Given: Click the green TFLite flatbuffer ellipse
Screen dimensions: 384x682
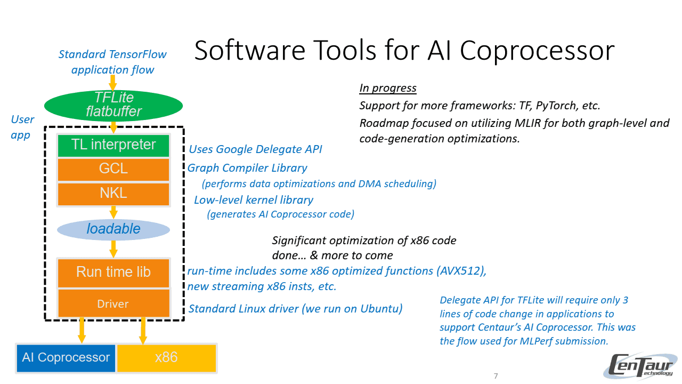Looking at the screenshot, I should pyautogui.click(x=113, y=105).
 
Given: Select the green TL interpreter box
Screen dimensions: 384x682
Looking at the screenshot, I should pyautogui.click(x=113, y=145).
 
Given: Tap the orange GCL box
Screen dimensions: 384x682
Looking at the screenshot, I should pyautogui.click(x=113, y=169).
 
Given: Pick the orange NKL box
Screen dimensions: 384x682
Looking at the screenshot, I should pyautogui.click(x=113, y=194).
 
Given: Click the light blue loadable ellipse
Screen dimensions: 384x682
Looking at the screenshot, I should pyautogui.click(x=113, y=229).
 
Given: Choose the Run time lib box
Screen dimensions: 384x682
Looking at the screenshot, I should pyautogui.click(x=113, y=272).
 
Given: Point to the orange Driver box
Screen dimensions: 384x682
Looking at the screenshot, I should pyautogui.click(x=113, y=304).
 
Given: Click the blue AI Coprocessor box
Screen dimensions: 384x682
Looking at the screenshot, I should pyautogui.click(x=66, y=358).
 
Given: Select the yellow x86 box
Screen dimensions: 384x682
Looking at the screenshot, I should pyautogui.click(x=166, y=358).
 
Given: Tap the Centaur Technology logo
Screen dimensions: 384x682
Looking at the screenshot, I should pyautogui.click(x=642, y=366).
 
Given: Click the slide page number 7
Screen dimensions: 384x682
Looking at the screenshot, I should pyautogui.click(x=496, y=377).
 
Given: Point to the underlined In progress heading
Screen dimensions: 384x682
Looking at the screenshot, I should pyautogui.click(x=388, y=89).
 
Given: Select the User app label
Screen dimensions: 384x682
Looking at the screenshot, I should pyautogui.click(x=22, y=127).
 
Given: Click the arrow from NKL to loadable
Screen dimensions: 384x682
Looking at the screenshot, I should pyautogui.click(x=113, y=212).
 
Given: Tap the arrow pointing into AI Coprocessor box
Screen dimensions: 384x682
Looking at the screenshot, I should pyautogui.click(x=82, y=331).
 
